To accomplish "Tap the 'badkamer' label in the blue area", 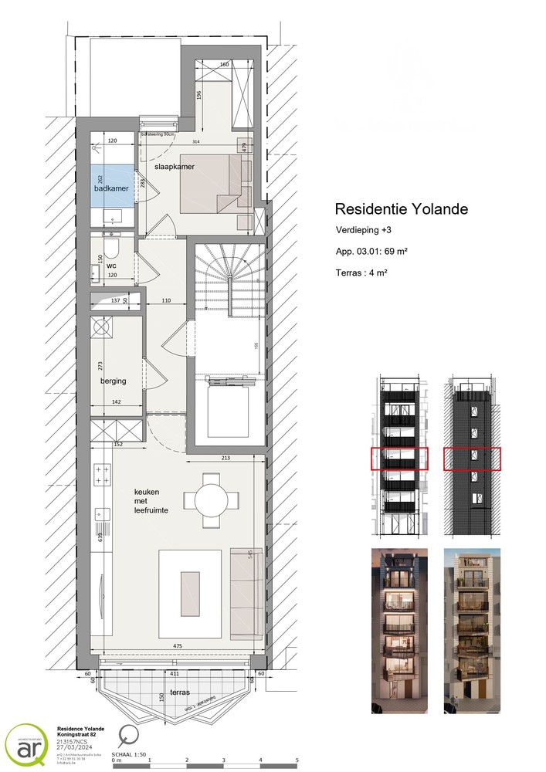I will pos(110,188).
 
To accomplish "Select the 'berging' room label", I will pos(113,381).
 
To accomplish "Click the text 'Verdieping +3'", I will pos(363,231).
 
